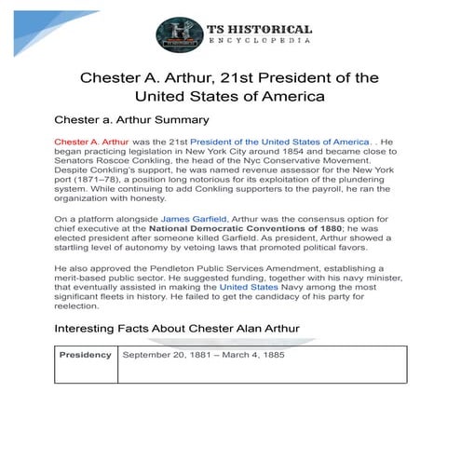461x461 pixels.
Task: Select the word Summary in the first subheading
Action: point(179,120)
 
